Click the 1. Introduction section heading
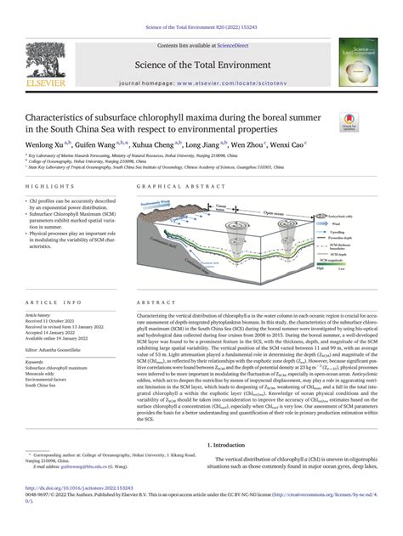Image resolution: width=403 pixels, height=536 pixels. [235, 445]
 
